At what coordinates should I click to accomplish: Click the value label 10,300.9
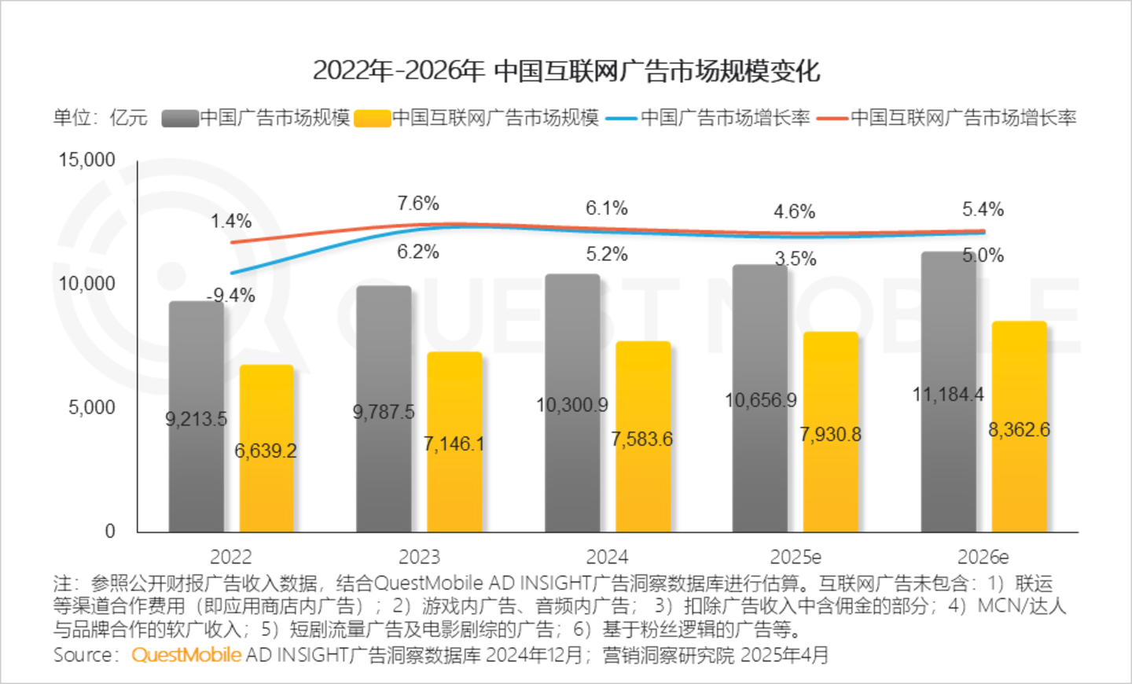click(572, 406)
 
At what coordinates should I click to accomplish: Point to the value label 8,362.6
click(1019, 430)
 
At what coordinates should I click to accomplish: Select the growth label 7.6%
click(418, 204)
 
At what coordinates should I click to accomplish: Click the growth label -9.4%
click(231, 296)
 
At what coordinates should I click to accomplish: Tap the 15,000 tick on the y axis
click(87, 160)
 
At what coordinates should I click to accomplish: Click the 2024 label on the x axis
click(607, 557)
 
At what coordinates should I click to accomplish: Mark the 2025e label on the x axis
click(796, 557)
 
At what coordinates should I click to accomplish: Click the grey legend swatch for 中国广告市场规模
click(179, 119)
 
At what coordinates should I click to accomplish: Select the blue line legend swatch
click(621, 119)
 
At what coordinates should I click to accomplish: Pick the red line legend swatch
click(832, 119)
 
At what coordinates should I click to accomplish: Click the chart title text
click(566, 71)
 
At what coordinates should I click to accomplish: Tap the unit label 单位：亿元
click(101, 118)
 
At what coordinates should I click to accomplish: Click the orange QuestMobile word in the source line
click(186, 655)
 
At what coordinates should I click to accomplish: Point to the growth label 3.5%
click(796, 259)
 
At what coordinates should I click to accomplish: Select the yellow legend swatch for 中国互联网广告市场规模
click(373, 119)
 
